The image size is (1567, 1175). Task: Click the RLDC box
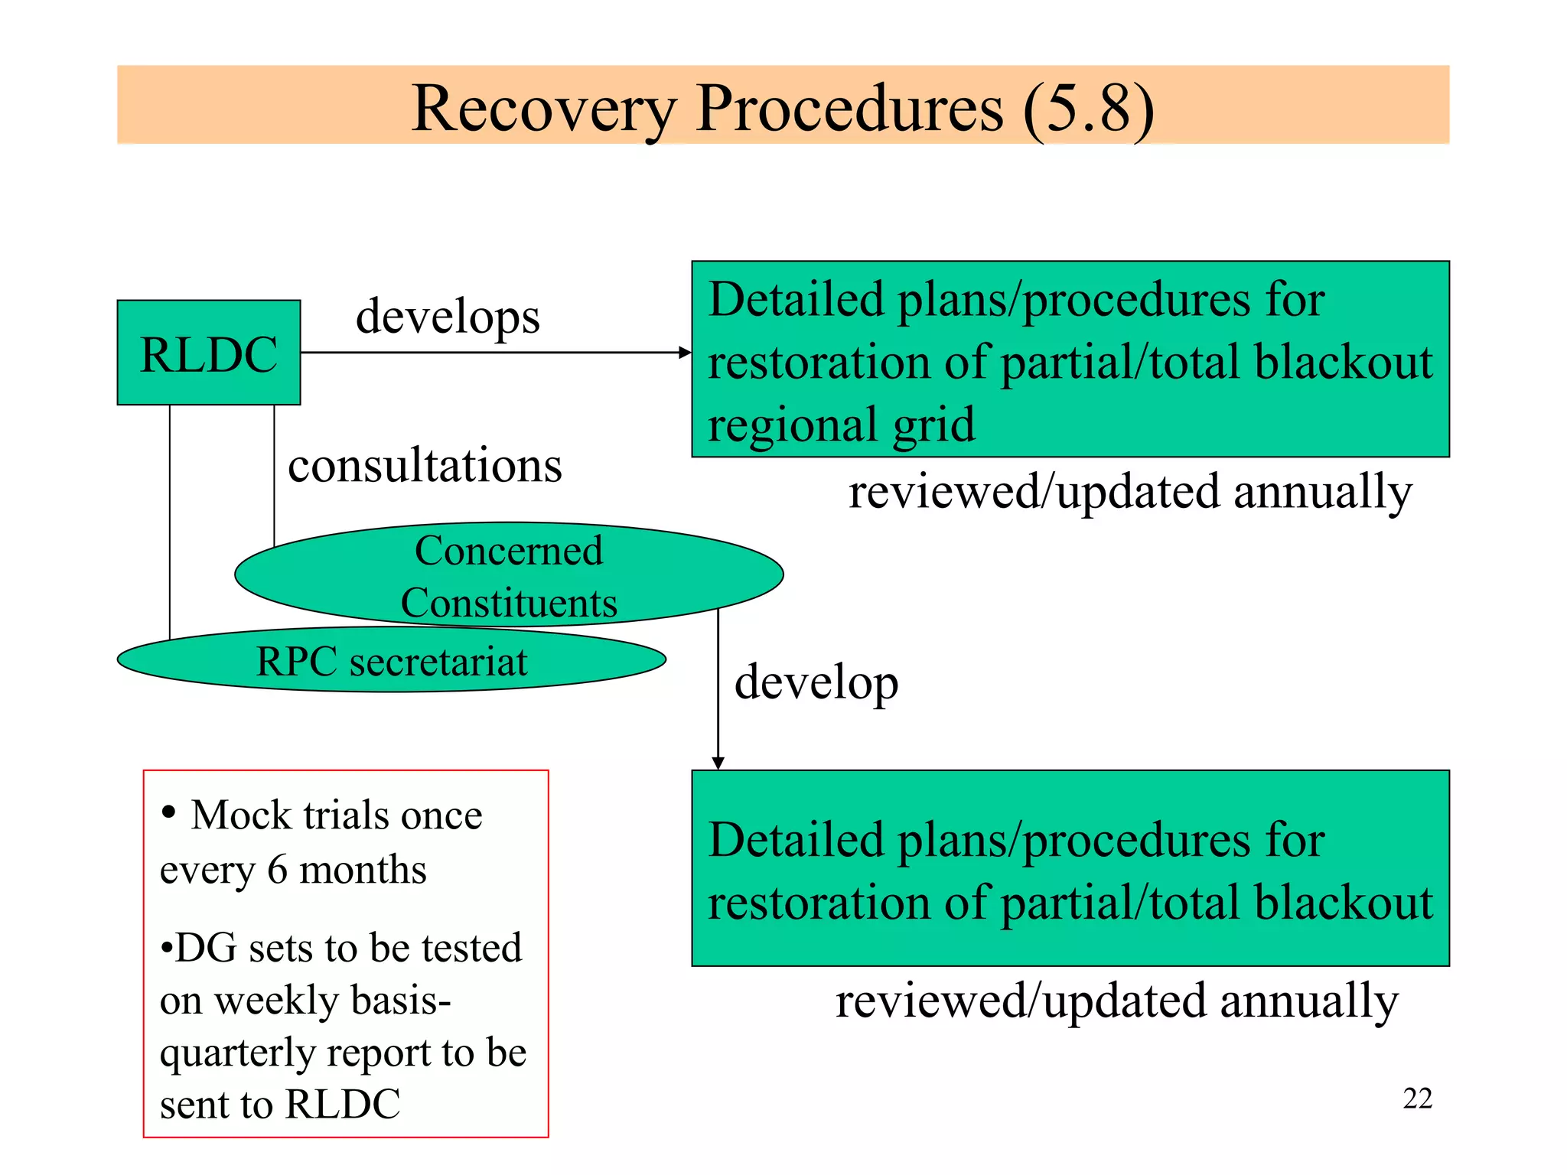208,353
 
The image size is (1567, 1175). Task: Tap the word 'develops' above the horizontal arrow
448,317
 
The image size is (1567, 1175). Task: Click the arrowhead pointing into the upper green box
686,353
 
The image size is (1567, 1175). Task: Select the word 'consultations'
425,465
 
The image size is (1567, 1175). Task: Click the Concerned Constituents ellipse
509,574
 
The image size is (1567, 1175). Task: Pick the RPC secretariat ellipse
391,661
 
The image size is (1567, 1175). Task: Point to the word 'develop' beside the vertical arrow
816,682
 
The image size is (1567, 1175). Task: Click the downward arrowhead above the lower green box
718,763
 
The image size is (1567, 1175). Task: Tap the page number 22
1417,1099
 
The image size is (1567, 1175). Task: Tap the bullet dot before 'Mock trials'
169,812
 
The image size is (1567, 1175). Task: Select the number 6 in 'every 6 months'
278,870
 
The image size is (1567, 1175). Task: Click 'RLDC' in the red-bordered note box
343,1104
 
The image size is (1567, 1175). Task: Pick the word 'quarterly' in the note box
239,1053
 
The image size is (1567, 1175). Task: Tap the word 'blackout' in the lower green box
1344,903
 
